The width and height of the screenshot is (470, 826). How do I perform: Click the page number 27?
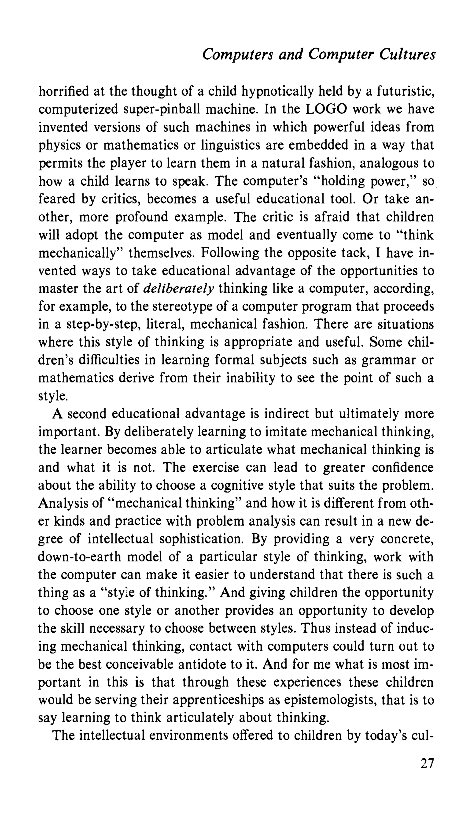tap(427, 763)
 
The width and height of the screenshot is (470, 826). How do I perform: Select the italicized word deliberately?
tap(179, 289)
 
